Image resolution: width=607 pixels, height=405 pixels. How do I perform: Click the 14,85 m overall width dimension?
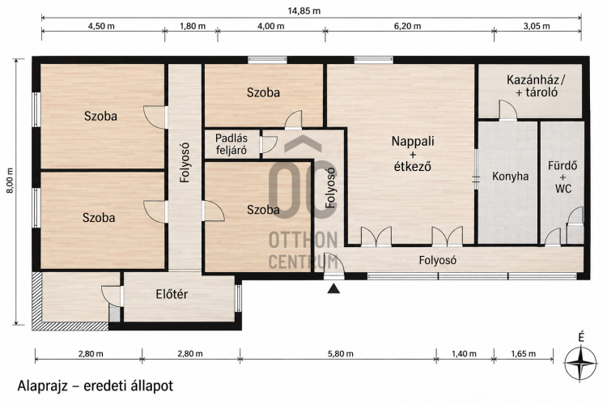(x=303, y=11)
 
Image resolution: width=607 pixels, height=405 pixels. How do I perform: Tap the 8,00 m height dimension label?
(x=11, y=181)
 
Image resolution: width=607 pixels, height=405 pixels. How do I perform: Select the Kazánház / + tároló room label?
(x=536, y=86)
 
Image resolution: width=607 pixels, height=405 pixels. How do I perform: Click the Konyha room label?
(x=510, y=177)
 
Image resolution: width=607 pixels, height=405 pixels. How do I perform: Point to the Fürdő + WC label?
(x=562, y=177)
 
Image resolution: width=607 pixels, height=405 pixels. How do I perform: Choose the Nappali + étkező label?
(x=413, y=153)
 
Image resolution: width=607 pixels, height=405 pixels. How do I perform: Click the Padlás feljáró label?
(x=231, y=144)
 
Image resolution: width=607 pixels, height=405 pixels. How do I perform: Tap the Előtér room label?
(x=172, y=294)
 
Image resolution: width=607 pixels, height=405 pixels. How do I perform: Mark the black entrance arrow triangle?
(x=333, y=288)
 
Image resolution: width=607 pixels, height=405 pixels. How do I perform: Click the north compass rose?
(x=580, y=364)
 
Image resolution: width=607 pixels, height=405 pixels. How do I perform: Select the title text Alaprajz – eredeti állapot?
(x=96, y=386)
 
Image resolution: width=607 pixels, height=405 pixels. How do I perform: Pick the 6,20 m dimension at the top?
(x=408, y=27)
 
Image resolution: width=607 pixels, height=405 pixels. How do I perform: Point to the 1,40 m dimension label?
(x=465, y=354)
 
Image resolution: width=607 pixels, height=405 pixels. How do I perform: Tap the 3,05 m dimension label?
(x=537, y=27)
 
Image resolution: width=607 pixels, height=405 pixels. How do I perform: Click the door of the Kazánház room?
(x=507, y=110)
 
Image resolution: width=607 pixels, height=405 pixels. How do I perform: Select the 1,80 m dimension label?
(x=193, y=27)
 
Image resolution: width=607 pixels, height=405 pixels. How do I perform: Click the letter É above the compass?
(x=580, y=338)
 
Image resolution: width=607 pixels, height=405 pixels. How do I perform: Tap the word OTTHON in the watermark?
(x=303, y=241)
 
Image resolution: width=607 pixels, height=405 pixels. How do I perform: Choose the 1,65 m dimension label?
(x=524, y=354)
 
